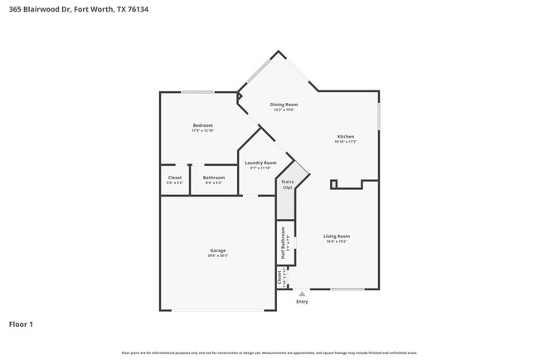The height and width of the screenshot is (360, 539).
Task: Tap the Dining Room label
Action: point(284,105)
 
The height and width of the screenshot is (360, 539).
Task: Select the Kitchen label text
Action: point(346,137)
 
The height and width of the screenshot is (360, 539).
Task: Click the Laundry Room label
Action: point(260,163)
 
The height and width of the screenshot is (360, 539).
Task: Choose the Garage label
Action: point(217,251)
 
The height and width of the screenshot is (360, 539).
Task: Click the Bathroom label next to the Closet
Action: point(214,177)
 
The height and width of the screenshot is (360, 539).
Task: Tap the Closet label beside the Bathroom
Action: point(175,177)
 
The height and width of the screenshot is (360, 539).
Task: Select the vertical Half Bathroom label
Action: point(283,244)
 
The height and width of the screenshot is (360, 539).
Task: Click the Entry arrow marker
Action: point(302,293)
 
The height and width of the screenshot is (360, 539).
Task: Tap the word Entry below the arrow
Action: point(302,301)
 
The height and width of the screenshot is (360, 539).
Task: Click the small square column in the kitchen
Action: point(333,184)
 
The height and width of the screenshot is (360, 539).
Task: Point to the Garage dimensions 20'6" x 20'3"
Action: point(217,255)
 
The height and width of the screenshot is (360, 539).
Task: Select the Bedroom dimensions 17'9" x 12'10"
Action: point(203,130)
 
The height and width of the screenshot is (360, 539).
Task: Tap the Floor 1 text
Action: point(21,324)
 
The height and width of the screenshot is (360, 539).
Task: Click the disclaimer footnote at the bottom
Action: point(269,353)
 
